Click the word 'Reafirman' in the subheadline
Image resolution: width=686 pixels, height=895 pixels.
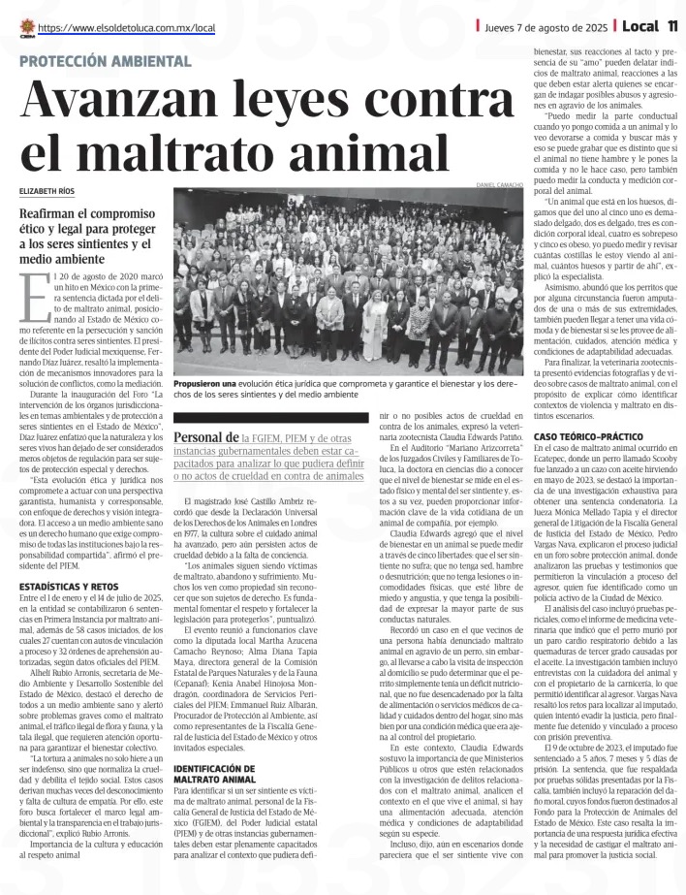(x=56, y=213)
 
